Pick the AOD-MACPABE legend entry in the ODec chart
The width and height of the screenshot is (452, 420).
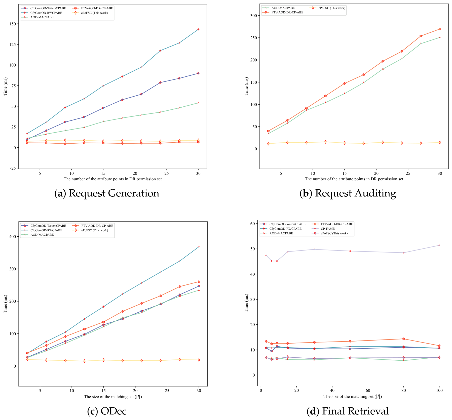click(x=37, y=235)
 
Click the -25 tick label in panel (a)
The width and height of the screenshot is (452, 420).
click(x=13, y=168)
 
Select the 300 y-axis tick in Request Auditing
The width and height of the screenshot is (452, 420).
click(x=254, y=16)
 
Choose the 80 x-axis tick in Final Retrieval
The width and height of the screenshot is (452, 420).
click(x=404, y=391)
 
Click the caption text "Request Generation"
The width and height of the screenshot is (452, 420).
click(x=114, y=193)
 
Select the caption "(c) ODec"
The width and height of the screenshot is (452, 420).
click(x=107, y=411)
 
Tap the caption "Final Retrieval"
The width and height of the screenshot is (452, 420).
click(x=356, y=411)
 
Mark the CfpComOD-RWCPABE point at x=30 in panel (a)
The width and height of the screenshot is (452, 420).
click(x=198, y=29)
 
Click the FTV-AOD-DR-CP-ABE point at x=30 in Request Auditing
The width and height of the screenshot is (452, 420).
click(x=440, y=29)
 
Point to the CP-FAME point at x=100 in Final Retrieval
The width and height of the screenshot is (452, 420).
click(x=439, y=245)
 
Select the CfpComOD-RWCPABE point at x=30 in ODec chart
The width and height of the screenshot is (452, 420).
click(x=199, y=247)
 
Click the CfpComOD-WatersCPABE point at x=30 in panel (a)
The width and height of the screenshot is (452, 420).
click(x=198, y=73)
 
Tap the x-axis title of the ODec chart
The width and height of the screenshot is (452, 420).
click(x=113, y=397)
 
